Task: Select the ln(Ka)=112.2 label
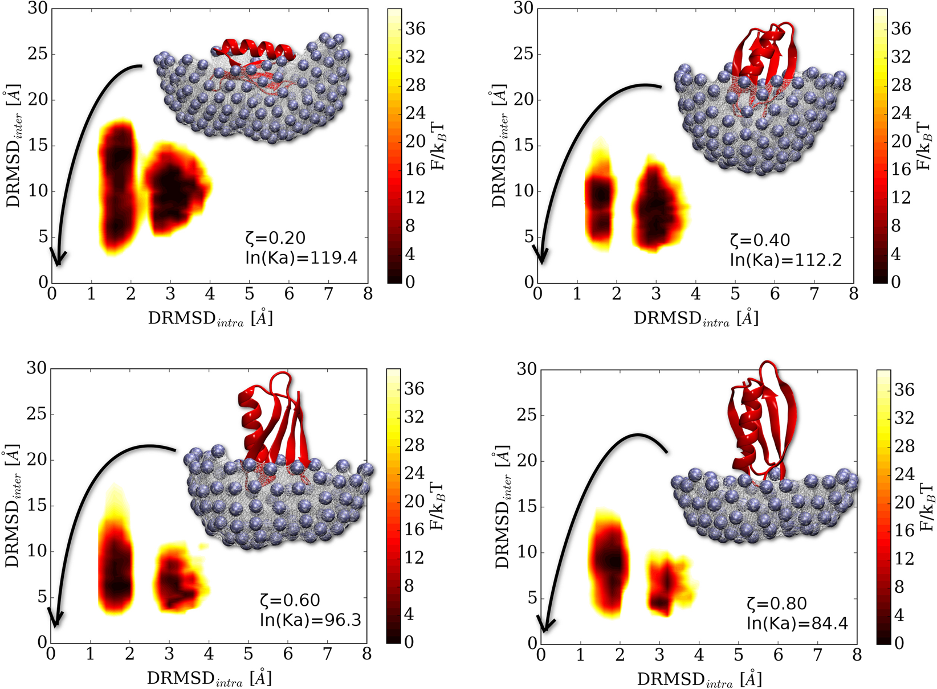786,260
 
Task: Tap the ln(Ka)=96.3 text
311,620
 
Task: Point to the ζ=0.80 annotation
777,604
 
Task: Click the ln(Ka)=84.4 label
797,624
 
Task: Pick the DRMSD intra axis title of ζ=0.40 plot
696,318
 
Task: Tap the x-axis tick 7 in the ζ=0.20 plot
328,294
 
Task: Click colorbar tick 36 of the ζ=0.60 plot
414,389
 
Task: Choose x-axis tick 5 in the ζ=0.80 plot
738,655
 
